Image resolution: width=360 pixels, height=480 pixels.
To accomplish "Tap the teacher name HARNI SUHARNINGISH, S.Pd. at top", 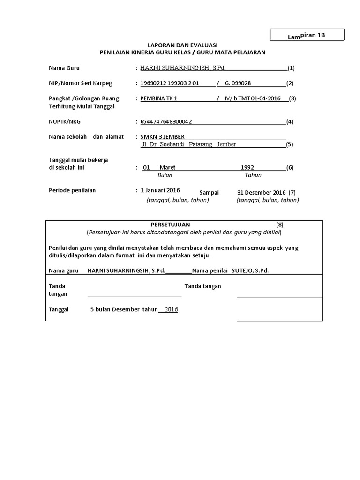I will (183, 68).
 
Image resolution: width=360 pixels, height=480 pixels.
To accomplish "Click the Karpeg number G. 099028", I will (238, 83).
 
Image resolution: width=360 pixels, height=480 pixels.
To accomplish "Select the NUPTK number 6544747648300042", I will (166, 122).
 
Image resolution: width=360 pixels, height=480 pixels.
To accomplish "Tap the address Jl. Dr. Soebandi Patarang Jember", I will (188, 144).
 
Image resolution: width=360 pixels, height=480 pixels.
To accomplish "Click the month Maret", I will (167, 167).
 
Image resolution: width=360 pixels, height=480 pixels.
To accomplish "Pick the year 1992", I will (247, 167).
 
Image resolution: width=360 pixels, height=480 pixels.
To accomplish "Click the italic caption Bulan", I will (165, 175).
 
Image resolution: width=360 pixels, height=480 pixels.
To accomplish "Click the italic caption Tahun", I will (253, 175).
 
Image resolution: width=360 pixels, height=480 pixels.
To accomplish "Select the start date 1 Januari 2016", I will (160, 190).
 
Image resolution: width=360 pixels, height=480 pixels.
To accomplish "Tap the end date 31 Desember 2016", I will (262, 192).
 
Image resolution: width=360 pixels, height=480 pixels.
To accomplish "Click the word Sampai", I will (209, 193).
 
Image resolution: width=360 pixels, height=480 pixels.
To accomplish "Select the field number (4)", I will (290, 122).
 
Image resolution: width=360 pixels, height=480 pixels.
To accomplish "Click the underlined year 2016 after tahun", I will (171, 309).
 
